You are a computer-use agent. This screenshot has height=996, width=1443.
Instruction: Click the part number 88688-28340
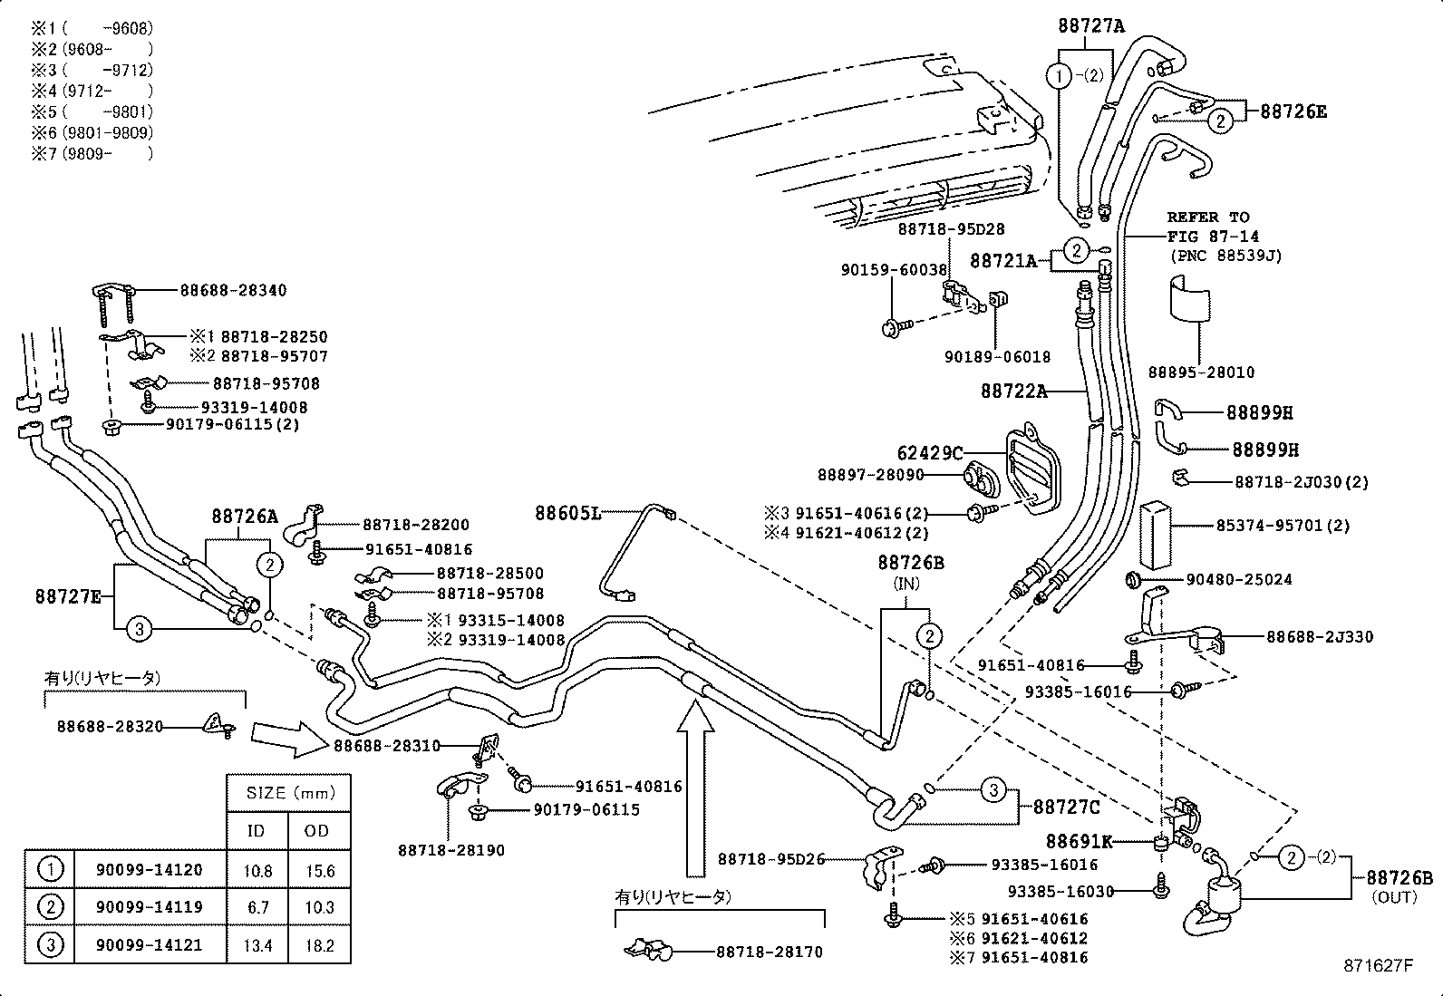click(x=233, y=290)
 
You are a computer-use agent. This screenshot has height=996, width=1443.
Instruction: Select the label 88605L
click(x=567, y=513)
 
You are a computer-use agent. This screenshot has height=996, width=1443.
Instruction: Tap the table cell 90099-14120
click(x=149, y=870)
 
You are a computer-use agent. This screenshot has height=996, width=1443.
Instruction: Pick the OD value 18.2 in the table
click(x=319, y=945)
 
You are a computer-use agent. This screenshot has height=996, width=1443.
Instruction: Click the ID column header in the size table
click(x=257, y=831)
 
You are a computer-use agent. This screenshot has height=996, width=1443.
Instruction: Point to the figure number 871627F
click(x=1378, y=966)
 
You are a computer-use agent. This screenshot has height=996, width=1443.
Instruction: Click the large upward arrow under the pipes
click(x=695, y=788)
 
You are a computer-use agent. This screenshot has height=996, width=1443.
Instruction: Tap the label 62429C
click(x=929, y=452)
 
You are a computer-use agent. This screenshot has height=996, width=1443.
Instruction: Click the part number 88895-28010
click(x=1201, y=372)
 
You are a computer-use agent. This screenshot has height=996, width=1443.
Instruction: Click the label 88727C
click(x=1067, y=807)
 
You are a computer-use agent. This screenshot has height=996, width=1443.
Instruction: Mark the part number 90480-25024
click(x=1238, y=579)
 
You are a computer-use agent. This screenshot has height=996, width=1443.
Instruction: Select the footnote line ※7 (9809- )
click(x=92, y=153)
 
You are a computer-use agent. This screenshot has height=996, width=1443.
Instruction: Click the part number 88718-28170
click(x=770, y=952)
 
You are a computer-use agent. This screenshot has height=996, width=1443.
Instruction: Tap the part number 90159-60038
click(x=894, y=269)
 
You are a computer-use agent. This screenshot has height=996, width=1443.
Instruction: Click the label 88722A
click(x=1013, y=392)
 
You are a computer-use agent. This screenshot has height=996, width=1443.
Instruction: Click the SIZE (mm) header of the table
click(x=287, y=792)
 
